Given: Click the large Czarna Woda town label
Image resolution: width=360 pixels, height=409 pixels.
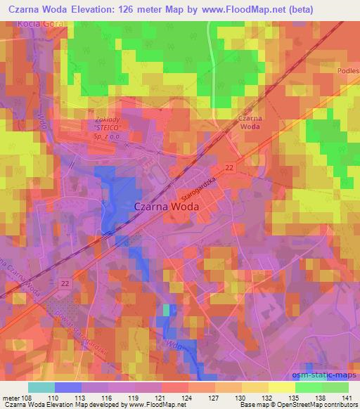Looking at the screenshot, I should click(x=166, y=207).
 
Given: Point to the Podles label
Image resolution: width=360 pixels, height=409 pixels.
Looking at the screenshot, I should click(x=349, y=71).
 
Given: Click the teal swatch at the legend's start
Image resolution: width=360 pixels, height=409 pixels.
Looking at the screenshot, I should click(x=41, y=387).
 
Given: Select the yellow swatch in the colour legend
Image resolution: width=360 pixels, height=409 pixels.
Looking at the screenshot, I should click(x=281, y=387).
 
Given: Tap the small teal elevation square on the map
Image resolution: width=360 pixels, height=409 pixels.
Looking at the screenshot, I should click(x=167, y=310).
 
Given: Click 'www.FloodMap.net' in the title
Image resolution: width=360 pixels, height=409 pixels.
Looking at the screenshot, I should click(x=229, y=8).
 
